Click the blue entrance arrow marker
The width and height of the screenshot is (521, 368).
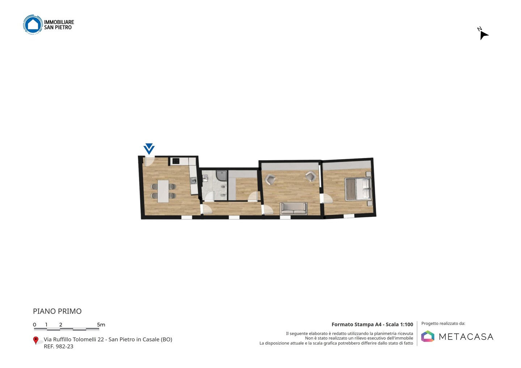coord(149,149)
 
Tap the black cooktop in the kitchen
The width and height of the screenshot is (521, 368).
coord(176,161)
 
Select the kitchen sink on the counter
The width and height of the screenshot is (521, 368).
coord(194,180)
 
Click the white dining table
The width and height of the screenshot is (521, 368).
coord(163,191)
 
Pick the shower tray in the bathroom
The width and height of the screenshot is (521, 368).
coord(221,176)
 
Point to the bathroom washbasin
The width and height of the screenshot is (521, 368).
coord(205,178)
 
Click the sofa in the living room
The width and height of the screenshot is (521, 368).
coord(293,208)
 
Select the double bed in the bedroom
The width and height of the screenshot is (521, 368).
coord(358,189)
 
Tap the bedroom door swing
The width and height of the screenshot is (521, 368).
coord(326,198)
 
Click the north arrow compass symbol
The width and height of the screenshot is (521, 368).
coord(483,34)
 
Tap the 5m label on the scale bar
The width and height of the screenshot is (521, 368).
coord(101,325)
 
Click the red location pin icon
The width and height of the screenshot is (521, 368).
coord(35,341)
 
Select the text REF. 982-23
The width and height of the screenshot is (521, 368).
coord(59,346)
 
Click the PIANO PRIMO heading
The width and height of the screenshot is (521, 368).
coord(57,311)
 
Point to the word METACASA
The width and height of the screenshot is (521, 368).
coord(466,337)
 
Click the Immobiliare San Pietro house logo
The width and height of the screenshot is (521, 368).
coord(33,24)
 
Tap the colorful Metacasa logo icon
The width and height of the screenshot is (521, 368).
coord(428,336)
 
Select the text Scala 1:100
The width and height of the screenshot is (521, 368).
coord(399,324)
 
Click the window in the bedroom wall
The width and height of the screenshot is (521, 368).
coord(349,216)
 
